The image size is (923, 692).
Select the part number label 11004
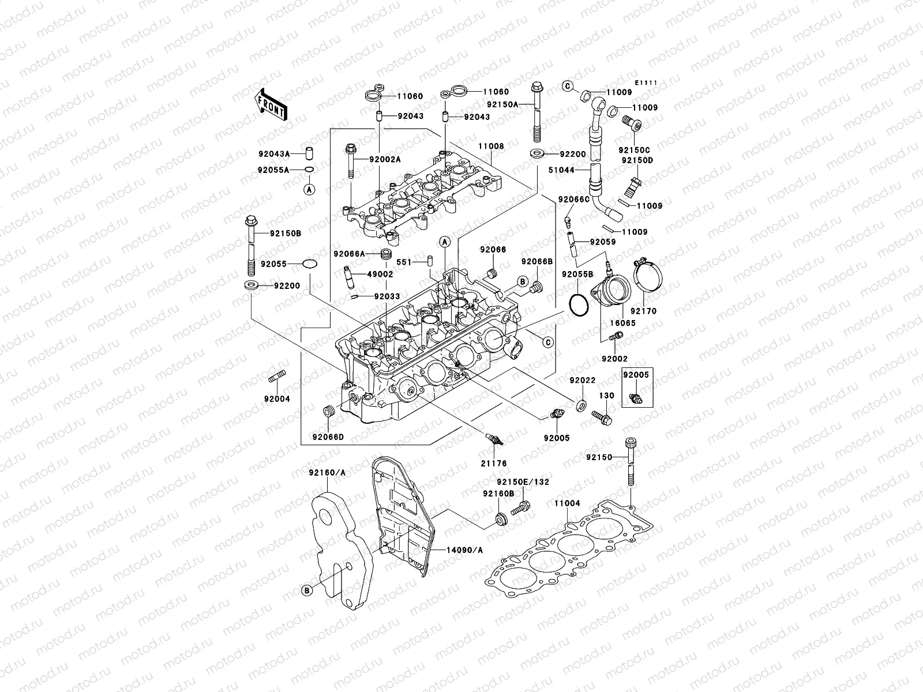tap(567, 503)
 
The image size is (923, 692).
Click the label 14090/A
tap(464, 550)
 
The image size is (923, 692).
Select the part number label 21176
tap(494, 463)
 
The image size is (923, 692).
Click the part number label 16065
tap(622, 323)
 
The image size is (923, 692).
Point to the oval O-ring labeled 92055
tap(310, 264)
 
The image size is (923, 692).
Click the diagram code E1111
tap(647, 83)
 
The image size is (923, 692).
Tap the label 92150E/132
tap(523, 482)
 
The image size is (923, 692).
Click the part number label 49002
tap(379, 274)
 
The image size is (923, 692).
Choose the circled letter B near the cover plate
tap(308, 589)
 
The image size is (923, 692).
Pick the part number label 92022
tap(583, 381)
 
